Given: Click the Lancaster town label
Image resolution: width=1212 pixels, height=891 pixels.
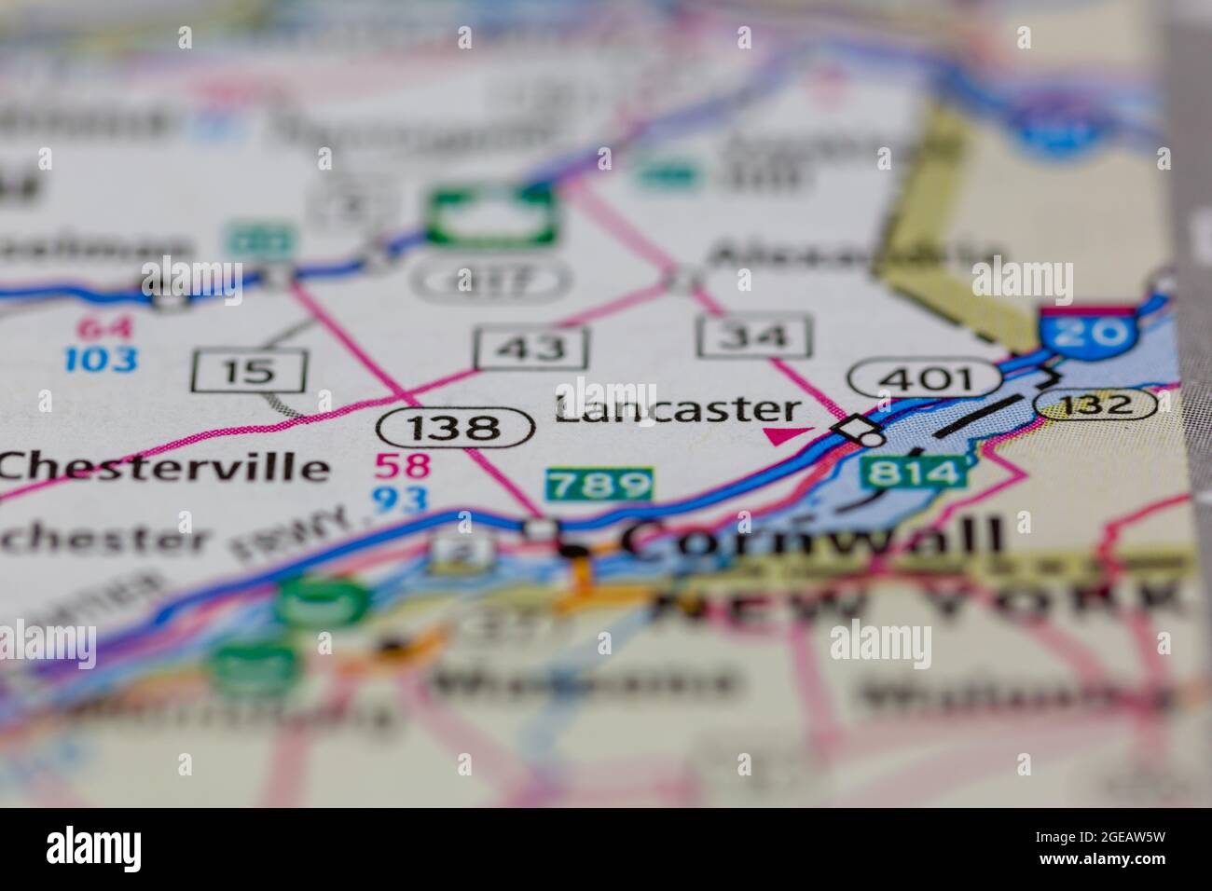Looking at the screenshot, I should tap(678, 409).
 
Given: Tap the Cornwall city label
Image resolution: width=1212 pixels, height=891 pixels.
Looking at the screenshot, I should tap(812, 538).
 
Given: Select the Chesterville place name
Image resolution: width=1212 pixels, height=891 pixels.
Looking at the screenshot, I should tap(164, 466).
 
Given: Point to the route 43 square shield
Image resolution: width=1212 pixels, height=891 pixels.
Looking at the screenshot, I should tap(531, 348).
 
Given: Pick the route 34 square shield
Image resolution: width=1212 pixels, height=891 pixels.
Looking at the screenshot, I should tap(754, 336).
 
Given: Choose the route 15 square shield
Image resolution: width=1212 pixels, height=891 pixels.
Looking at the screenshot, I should tap(249, 371).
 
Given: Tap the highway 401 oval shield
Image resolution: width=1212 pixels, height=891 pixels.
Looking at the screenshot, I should tap(924, 378).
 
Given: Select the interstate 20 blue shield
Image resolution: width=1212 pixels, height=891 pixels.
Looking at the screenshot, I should tap(1088, 333).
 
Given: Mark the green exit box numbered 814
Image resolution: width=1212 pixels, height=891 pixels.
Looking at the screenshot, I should tap(913, 472).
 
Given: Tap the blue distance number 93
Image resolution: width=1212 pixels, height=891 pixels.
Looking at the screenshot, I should tap(400, 499).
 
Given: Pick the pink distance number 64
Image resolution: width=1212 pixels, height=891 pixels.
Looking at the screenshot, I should tap(105, 327).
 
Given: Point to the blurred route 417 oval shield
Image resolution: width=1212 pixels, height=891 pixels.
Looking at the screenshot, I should tap(490, 280).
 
